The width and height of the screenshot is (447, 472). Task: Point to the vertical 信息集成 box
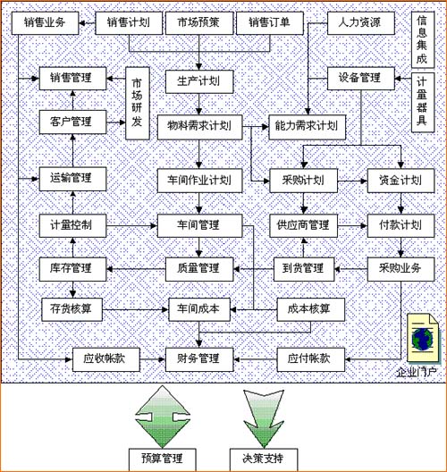click(x=423, y=40)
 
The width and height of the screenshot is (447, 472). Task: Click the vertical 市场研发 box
click(x=136, y=102)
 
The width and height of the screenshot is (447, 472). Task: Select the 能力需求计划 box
click(x=308, y=126)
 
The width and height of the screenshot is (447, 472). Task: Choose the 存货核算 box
click(x=72, y=309)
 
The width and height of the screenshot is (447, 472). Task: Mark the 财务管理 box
click(x=197, y=358)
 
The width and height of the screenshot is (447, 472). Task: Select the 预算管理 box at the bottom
click(x=162, y=458)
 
